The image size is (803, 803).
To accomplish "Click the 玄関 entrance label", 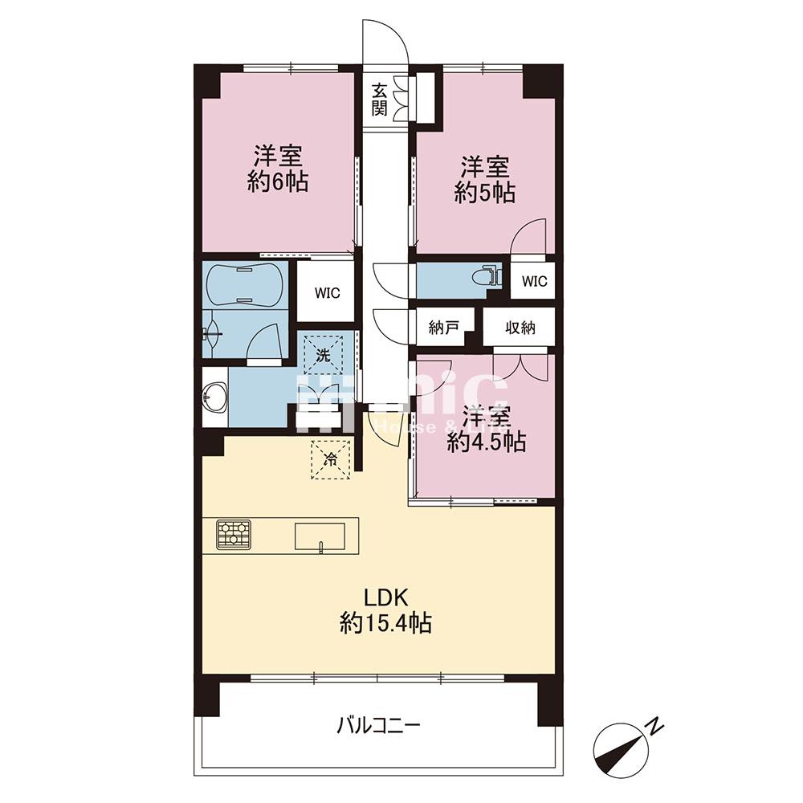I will [x=380, y=99].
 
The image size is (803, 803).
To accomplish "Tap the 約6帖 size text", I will [x=278, y=181].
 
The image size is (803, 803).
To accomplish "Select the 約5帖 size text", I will [x=484, y=193].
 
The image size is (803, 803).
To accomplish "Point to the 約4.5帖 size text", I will [x=487, y=442].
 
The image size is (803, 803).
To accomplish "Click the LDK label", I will [x=388, y=597].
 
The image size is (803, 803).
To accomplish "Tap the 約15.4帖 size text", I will [x=386, y=622].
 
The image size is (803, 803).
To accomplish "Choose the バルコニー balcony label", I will [x=378, y=726].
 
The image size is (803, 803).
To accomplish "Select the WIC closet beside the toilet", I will [x=534, y=281].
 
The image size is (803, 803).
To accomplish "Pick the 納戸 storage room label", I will [x=443, y=328].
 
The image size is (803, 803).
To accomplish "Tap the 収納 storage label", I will [x=519, y=328].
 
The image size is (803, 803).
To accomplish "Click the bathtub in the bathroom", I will [x=244, y=284].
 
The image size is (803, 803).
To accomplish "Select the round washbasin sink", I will [x=214, y=397].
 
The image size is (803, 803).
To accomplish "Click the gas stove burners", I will [x=234, y=535].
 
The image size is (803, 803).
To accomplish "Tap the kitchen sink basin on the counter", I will [x=320, y=536].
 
